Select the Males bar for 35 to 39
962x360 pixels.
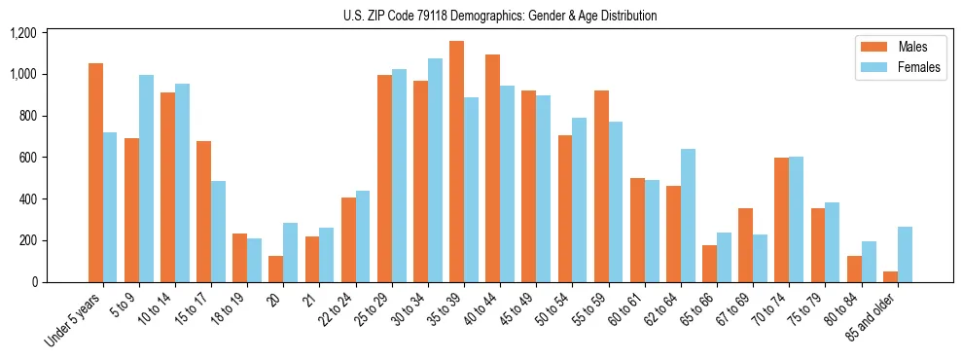pos(456,162)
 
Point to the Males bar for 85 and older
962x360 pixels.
pos(891,276)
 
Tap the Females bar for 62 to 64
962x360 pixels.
pos(688,215)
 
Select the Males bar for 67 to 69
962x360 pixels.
pos(745,245)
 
